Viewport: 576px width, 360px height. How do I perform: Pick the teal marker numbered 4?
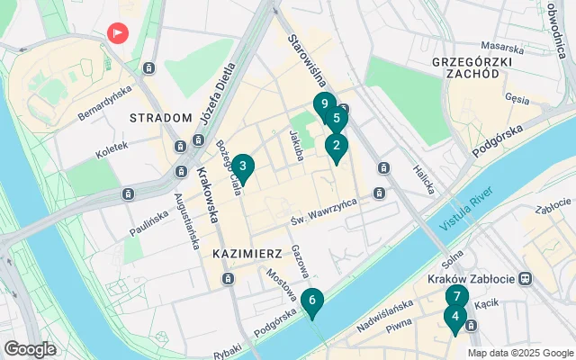[x=455, y=318]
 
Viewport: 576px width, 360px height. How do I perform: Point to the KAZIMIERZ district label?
[x=248, y=255]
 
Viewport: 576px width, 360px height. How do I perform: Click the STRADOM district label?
[x=161, y=118]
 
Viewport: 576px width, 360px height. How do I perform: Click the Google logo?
[x=30, y=348]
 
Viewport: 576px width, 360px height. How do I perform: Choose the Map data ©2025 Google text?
[x=519, y=353]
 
